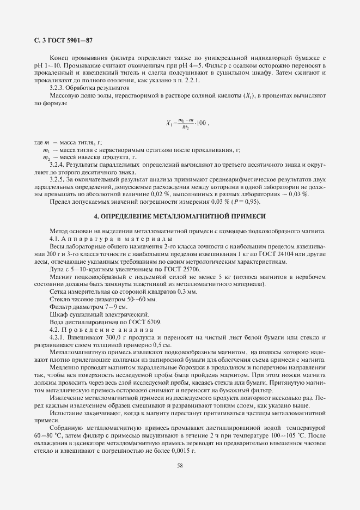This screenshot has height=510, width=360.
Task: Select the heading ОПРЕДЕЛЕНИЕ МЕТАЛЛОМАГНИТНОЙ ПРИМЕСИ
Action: (x=180, y=216)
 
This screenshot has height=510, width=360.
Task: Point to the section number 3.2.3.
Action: (x=57, y=87)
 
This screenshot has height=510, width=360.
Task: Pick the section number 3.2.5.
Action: (x=57, y=178)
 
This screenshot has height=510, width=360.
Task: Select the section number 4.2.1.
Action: (x=57, y=337)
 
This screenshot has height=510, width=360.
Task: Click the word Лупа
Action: (x=57, y=269)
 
